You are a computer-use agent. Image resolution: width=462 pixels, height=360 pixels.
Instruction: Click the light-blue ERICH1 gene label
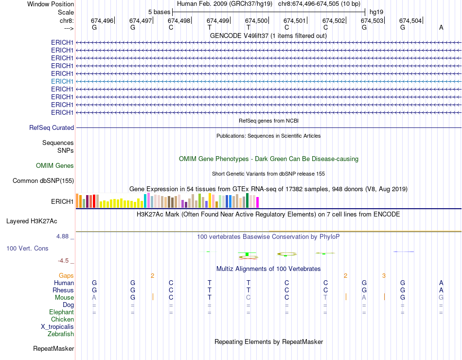pos(62,81)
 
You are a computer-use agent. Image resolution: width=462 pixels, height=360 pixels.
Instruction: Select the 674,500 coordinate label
pos(256,20)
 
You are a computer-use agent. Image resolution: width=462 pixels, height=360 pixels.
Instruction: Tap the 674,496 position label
pos(102,20)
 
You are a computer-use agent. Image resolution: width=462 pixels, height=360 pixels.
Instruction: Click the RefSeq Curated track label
pos(52,127)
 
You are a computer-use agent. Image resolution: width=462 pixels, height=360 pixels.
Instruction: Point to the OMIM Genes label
pos(55,166)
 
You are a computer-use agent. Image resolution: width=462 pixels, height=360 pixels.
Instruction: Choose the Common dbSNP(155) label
pos(43,181)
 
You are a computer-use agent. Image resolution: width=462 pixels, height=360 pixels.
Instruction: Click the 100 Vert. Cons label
pos(27,248)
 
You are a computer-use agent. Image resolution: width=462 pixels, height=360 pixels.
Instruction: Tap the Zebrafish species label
pos(61,334)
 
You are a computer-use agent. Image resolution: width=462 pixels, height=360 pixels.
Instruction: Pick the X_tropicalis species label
pos(57,327)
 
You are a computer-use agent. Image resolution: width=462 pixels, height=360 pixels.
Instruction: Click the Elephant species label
pos(61,312)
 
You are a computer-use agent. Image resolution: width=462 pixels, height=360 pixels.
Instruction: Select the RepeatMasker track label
pos(53,348)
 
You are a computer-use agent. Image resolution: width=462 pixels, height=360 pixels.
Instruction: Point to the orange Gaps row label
pos(66,275)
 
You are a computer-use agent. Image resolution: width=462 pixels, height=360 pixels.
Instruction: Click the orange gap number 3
pos(384,276)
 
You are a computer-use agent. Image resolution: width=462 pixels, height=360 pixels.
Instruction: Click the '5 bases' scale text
pos(159,12)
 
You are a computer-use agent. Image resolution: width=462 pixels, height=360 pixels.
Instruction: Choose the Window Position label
pos(51,4)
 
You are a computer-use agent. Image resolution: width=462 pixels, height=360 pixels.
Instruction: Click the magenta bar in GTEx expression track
pos(257,202)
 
